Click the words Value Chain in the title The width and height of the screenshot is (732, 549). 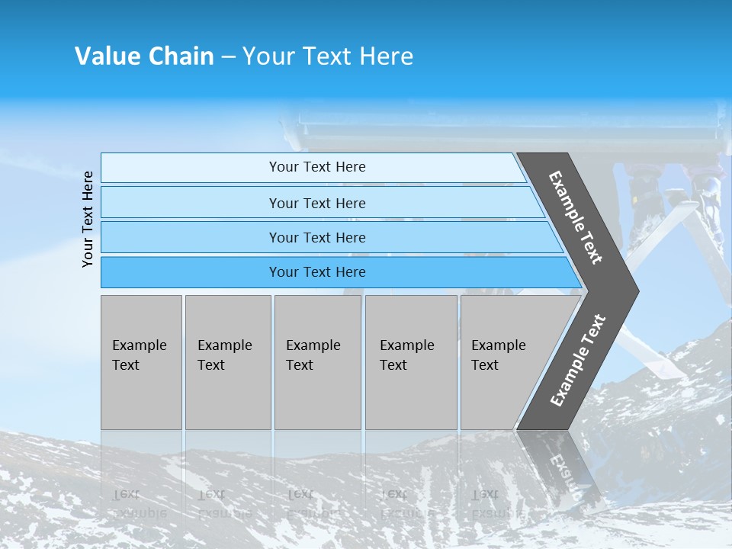[x=144, y=56]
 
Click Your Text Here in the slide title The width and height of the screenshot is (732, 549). [x=328, y=56]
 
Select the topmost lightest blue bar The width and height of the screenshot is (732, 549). [x=191, y=168]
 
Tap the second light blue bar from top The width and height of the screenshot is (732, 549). [x=191, y=203]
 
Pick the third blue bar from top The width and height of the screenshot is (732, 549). [x=191, y=237]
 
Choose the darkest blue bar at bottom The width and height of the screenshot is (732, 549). [x=191, y=272]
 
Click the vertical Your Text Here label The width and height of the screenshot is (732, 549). [x=88, y=220]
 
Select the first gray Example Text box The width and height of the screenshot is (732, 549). [x=141, y=362]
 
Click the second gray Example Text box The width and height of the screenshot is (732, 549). [x=227, y=362]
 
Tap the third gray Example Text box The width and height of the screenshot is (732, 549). [x=317, y=362]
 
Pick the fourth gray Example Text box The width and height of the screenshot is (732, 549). [x=410, y=362]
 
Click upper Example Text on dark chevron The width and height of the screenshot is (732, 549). [x=576, y=217]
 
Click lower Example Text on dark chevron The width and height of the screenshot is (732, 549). [x=577, y=361]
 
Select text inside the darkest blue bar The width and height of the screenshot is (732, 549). [x=317, y=272]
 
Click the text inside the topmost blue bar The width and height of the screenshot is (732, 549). [x=317, y=167]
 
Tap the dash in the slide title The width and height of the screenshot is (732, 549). [x=228, y=57]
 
